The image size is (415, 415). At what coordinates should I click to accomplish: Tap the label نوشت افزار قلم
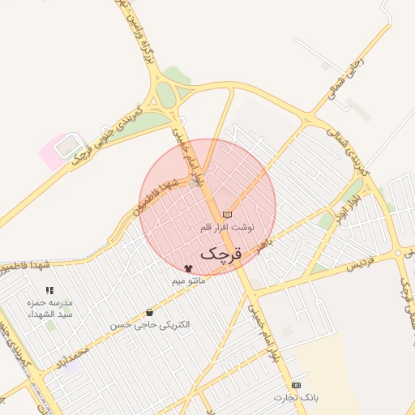227,228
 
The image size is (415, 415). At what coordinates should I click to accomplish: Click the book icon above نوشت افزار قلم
227,214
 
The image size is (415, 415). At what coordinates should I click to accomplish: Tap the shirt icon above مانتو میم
189,268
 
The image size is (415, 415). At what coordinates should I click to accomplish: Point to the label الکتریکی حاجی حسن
150,324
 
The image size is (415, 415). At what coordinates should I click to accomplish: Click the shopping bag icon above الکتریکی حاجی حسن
149,312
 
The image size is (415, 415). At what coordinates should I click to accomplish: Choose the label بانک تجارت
296,397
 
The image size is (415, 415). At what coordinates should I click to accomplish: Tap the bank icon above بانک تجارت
296,384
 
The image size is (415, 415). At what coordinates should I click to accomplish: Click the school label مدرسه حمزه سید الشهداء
50,308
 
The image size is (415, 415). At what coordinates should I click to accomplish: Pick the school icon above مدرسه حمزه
49,290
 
